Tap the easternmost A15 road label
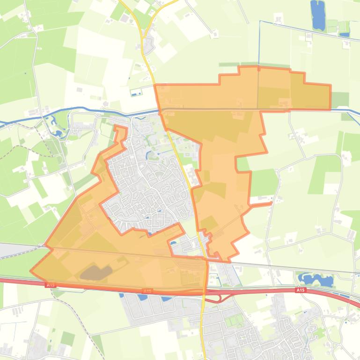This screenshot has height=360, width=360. (300, 290)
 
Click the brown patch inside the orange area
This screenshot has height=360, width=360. (96, 273)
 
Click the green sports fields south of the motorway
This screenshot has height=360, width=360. (235, 322)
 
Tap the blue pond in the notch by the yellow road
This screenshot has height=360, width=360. (174, 243)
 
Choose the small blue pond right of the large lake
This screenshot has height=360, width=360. (345, 34)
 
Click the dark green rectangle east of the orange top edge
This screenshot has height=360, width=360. (340, 99)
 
